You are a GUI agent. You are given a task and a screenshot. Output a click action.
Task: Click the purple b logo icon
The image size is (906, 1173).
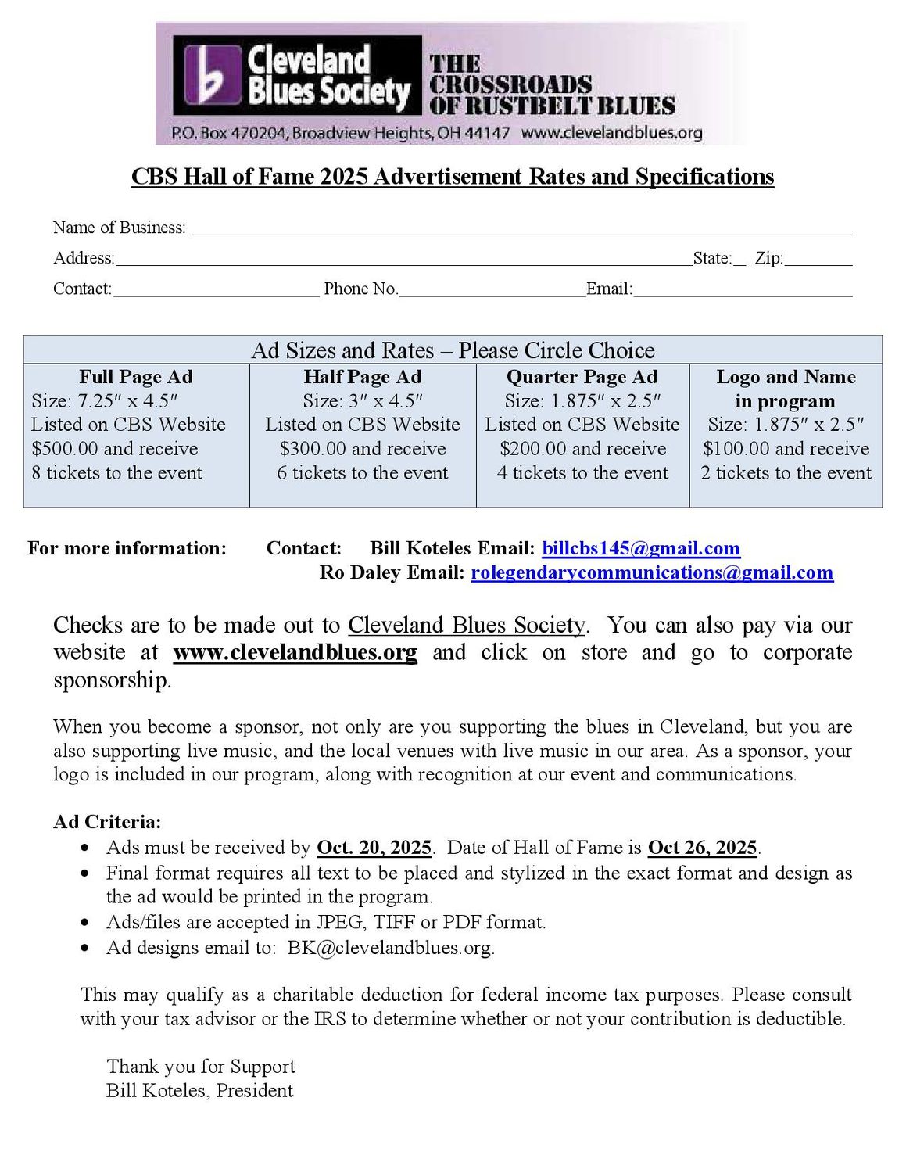(212, 75)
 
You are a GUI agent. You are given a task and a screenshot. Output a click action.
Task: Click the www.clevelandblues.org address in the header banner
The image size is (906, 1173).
(611, 133)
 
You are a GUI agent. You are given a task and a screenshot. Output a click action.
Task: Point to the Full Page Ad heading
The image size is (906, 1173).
(136, 377)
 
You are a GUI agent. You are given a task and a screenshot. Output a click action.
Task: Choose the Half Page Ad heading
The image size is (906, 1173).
(363, 377)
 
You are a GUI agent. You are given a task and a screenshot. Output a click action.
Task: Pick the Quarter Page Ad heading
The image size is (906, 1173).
(582, 377)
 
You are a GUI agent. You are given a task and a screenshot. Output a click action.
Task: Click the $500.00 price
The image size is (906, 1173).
(65, 449)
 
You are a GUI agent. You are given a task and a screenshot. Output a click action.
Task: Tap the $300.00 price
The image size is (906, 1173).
(313, 449)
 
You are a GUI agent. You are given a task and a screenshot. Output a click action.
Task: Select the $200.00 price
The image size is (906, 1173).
(533, 449)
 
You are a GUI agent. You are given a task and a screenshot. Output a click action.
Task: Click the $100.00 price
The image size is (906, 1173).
(736, 449)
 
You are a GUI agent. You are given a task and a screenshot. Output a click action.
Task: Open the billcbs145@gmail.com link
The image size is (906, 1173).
(641, 548)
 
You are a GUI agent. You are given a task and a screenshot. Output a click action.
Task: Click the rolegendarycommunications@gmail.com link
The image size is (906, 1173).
(652, 572)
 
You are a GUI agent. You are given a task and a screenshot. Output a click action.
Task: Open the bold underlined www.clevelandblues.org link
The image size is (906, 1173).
(295, 652)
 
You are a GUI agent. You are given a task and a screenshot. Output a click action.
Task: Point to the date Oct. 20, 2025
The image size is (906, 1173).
(374, 848)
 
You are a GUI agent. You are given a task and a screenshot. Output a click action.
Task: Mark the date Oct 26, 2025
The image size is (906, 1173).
(702, 848)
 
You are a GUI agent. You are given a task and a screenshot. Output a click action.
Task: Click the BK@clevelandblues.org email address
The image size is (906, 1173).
(389, 948)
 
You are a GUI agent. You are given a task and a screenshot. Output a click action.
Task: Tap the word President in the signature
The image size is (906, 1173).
(255, 1091)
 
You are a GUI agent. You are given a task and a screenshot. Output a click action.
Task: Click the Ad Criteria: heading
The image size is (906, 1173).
(107, 822)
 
